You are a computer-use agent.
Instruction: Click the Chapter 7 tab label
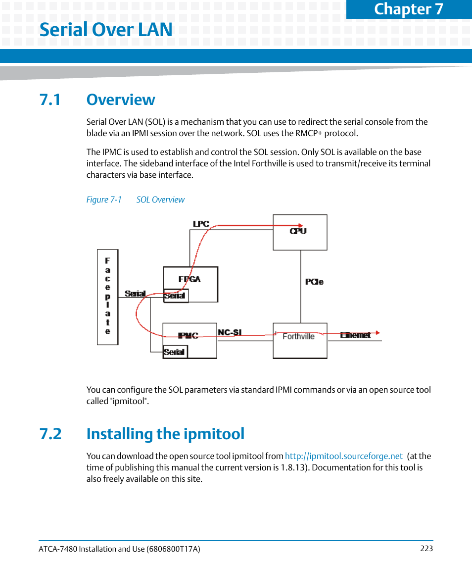coord(409,9)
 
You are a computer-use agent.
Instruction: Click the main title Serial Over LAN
coord(106,29)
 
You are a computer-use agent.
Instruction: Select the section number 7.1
coord(50,100)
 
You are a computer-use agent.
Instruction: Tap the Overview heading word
coord(121,100)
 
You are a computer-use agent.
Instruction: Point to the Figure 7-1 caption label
coord(104,200)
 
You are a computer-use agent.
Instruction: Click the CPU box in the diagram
coord(300,232)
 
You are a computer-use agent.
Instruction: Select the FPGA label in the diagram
coord(190,279)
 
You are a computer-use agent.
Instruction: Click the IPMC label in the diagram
coord(188,335)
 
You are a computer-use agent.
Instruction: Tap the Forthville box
coord(299,340)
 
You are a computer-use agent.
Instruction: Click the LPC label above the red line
coord(201,224)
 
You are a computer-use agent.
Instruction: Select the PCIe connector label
coord(314,282)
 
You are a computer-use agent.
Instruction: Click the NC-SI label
coord(230,332)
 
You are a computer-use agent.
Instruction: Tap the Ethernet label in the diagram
coord(355,335)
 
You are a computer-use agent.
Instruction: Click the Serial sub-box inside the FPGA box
coord(175,296)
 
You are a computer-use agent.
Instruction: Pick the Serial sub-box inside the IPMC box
coord(175,352)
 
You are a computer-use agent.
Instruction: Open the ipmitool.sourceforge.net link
coord(344,456)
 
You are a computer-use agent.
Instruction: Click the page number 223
coord(426,548)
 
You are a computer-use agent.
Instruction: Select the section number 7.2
coord(50,434)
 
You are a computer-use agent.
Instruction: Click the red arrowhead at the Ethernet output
coord(378,333)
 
